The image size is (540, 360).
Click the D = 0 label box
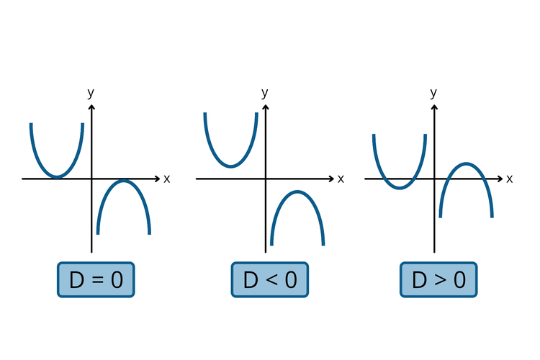click(x=96, y=279)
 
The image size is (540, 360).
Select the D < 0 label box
click(x=269, y=279)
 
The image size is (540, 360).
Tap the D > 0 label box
click(x=438, y=279)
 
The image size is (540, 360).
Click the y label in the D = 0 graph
click(x=91, y=92)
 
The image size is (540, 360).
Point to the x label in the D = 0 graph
click(x=167, y=179)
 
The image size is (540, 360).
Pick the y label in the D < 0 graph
click(x=265, y=92)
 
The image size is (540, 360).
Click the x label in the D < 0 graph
click(x=341, y=179)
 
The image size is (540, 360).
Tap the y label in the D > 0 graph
click(x=433, y=92)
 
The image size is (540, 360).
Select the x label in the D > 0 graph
click(x=510, y=179)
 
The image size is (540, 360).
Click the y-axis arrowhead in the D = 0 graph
click(x=91, y=108)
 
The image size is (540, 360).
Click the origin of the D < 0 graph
click(x=266, y=179)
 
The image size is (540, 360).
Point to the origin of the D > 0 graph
click(x=434, y=179)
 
